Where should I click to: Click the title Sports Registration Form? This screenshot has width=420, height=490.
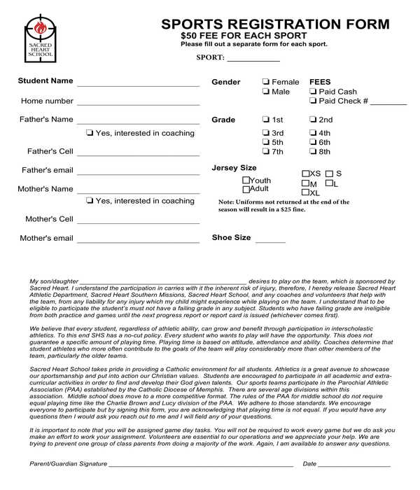click(275, 24)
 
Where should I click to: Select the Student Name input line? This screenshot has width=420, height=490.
click(138, 83)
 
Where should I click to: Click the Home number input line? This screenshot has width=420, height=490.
click(138, 103)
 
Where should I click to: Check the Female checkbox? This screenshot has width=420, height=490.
click(266, 82)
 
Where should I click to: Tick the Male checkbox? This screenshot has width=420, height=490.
click(266, 92)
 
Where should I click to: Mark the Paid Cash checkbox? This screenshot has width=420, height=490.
click(313, 92)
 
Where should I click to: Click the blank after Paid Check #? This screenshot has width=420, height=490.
click(388, 102)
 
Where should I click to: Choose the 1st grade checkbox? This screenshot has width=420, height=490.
click(266, 120)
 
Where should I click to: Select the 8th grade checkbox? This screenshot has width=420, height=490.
click(313, 151)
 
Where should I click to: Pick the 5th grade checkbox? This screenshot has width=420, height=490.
click(266, 142)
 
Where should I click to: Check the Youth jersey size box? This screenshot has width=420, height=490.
click(246, 180)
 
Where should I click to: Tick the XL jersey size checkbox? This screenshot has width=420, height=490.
click(305, 192)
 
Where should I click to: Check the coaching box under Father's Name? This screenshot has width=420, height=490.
click(90, 133)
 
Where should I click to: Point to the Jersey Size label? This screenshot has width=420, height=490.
click(234, 168)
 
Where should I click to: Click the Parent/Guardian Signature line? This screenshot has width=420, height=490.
click(201, 465)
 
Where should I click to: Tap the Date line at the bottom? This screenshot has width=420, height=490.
click(355, 465)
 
